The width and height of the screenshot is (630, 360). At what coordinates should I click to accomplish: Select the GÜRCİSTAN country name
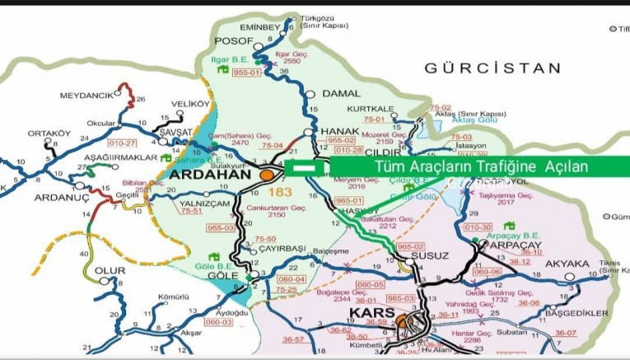[493, 68]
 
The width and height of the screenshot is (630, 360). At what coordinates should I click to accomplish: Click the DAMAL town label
[341, 94]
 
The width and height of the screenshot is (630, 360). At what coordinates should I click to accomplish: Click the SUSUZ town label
[431, 255]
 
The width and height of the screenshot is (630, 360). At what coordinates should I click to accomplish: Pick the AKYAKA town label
[567, 264]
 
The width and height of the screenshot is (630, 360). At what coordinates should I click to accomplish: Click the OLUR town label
[109, 270]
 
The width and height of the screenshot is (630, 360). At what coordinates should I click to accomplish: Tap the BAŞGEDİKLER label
[576, 313]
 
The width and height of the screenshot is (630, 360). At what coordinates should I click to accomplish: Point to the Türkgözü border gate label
[324, 18]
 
